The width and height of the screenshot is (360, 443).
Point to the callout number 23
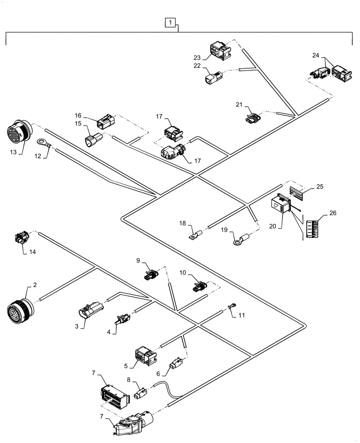(x=197, y=57)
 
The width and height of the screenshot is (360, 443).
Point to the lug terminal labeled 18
(x=195, y=233)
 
